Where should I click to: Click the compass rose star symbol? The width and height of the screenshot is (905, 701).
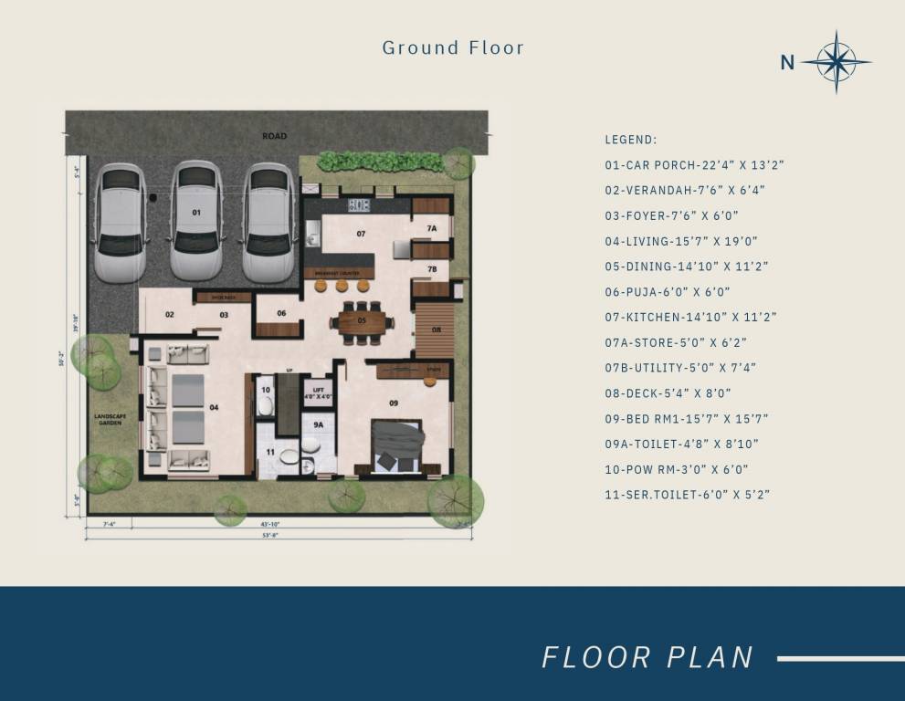[836, 62]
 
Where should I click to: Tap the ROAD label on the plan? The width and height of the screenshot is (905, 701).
[274, 136]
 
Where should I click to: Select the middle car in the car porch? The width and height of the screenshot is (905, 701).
[196, 220]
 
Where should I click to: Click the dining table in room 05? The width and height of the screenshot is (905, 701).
[362, 321]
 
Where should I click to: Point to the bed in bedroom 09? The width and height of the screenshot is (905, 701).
[399, 443]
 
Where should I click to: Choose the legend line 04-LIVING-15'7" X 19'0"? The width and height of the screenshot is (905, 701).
[680, 242]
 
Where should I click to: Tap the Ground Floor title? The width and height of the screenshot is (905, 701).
[453, 47]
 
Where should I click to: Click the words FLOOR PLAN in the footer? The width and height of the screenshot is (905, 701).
[647, 657]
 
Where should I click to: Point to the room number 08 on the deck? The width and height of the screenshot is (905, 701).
[437, 330]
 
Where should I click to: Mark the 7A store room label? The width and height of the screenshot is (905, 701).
[431, 228]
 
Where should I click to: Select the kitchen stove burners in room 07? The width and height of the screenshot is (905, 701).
[359, 204]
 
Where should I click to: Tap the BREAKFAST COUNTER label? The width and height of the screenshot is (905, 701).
[339, 272]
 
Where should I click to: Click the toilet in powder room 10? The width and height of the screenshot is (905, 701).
[266, 405]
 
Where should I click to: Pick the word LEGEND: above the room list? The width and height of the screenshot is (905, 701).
[630, 140]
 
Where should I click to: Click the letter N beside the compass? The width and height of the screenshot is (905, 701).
[786, 63]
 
